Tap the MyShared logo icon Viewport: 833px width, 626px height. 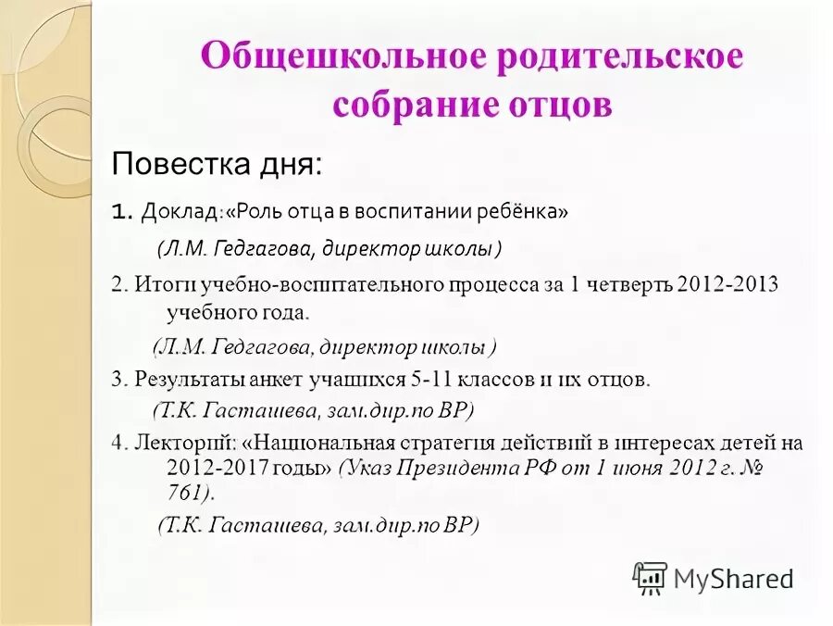(649, 578)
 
